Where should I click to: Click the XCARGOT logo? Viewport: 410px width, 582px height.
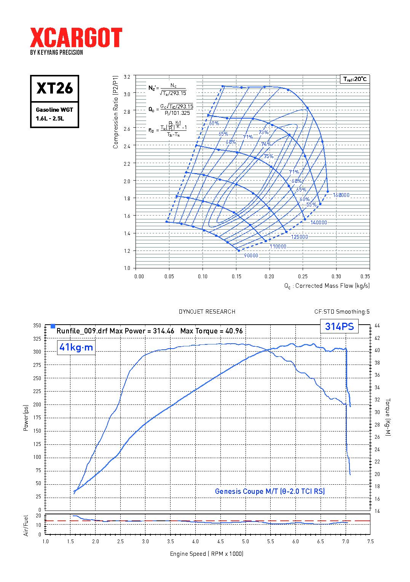pos(76,38)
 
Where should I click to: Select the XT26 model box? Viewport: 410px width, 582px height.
pos(54,88)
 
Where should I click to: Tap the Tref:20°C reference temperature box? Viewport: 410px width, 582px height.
pos(354,79)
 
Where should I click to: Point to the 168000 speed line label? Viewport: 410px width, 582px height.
pos(341,195)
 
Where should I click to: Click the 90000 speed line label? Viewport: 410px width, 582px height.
pos(251,255)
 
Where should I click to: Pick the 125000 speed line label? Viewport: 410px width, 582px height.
pos(299,237)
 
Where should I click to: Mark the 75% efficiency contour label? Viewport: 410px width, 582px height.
pos(268,156)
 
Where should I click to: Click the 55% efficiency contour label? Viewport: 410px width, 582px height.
pos(311,205)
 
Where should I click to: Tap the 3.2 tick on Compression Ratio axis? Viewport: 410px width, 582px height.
pos(127,77)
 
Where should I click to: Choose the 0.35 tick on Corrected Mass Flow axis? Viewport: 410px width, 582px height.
pos(365,276)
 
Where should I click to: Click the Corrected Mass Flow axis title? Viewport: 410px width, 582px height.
pos(327,286)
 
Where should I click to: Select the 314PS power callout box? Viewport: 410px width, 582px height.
pos(339,327)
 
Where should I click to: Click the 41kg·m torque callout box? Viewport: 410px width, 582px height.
pos(76,347)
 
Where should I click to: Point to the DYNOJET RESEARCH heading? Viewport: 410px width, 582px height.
pos(207,312)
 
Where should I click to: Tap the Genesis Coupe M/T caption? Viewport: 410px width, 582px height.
pos(270,491)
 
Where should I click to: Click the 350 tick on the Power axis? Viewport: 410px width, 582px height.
pos(37,326)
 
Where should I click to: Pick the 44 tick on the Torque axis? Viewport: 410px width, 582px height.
pos(377,326)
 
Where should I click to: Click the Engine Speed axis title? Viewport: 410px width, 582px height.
pos(206,553)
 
